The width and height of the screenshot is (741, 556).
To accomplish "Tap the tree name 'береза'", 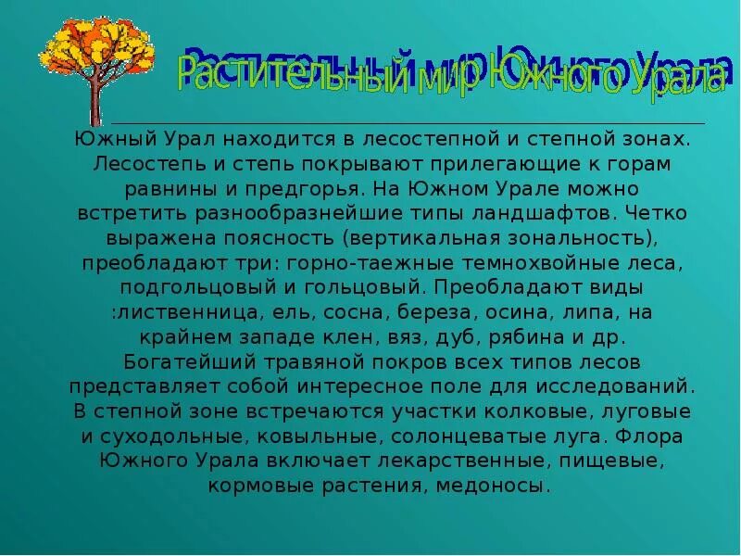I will coord(424,313).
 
